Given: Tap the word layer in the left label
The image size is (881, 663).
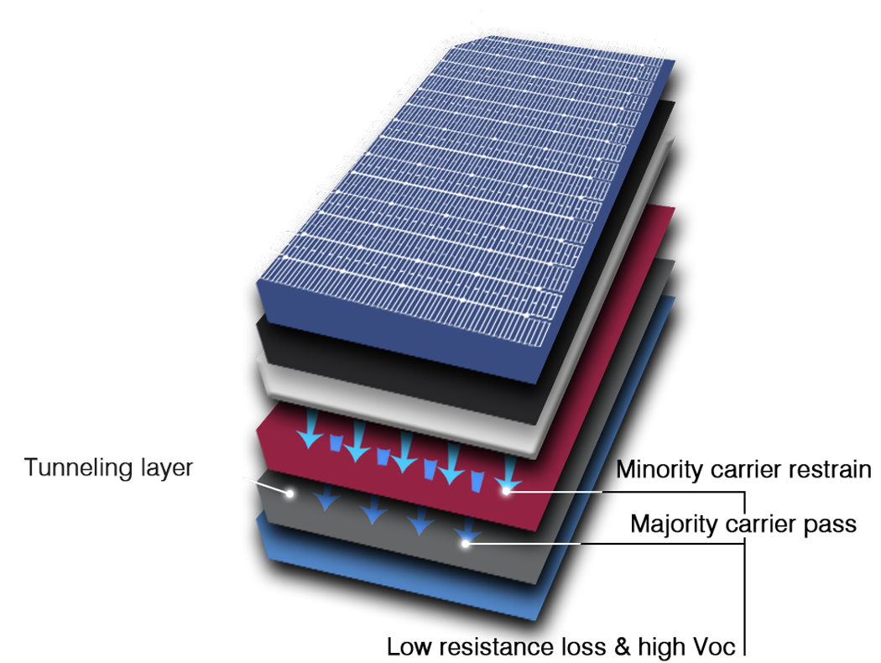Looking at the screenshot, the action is point(167,467).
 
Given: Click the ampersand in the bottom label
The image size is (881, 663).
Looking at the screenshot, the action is point(622,647).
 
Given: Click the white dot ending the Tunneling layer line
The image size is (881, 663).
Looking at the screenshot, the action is point(290,493).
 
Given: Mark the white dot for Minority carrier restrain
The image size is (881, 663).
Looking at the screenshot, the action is point(506,491).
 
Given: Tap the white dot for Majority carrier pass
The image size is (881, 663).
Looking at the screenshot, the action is point(465,543).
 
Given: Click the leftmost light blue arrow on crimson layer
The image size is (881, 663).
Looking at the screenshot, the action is point(310,429).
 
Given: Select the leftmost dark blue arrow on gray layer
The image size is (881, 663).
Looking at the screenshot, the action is point(326,497).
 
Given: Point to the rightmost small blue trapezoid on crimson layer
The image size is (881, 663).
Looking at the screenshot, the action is point(477,481).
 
